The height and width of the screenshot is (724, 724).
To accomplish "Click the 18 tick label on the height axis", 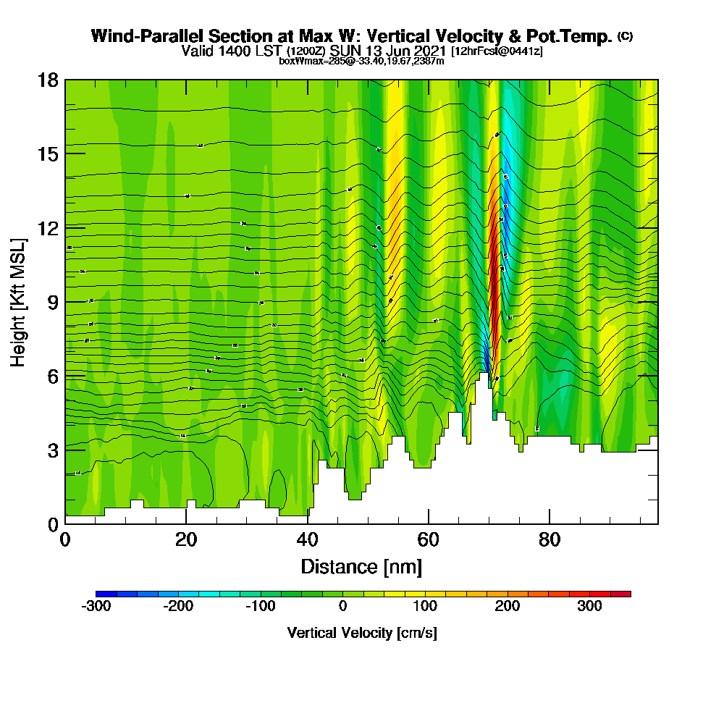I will tap(49, 80).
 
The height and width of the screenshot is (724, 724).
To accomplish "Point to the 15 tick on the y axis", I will tap(49, 153).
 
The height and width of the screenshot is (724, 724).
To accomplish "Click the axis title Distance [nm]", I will tap(361, 566).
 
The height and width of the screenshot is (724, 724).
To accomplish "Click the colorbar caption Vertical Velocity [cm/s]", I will tap(362, 633).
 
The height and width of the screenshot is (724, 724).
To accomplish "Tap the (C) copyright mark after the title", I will tap(625, 35).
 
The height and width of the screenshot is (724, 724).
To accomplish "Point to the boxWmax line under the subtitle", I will tap(361, 61).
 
